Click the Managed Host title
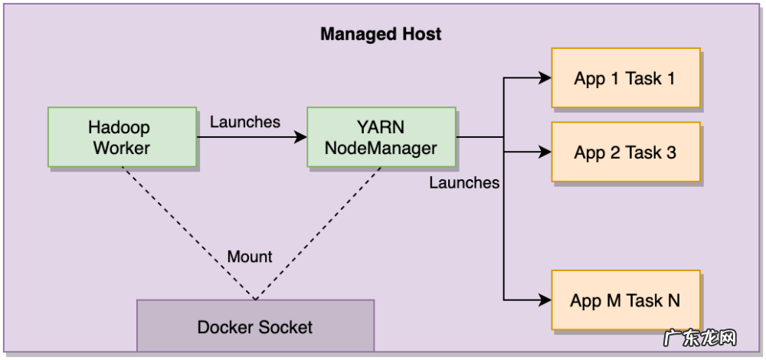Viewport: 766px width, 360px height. (381, 34)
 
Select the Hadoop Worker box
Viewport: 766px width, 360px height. (122, 137)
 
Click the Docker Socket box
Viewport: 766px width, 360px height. (255, 327)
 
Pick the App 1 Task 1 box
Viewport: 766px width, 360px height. (625, 78)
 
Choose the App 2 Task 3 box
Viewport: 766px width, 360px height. (625, 152)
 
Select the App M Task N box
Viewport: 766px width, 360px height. (625, 299)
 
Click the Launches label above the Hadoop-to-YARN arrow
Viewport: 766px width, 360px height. (245, 122)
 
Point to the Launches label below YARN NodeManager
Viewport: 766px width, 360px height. (464, 182)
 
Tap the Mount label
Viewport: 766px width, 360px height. (250, 257)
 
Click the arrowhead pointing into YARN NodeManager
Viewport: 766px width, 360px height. (301, 138)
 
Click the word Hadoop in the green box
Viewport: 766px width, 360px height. (119, 126)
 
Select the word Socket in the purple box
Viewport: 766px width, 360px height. (285, 327)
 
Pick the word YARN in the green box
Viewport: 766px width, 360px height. (380, 126)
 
